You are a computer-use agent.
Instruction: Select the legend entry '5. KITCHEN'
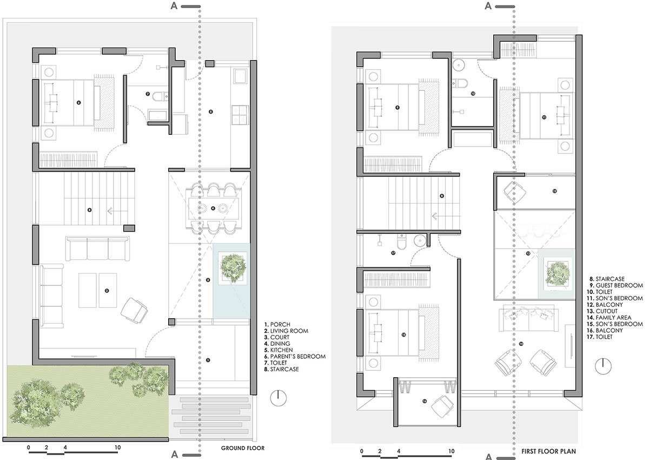[x=277, y=350]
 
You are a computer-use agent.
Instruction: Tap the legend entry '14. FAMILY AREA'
[x=613, y=318]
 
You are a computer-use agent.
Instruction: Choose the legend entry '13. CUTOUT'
[x=607, y=311]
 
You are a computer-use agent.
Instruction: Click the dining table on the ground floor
[x=213, y=208]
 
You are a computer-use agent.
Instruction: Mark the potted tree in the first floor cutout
[x=556, y=272]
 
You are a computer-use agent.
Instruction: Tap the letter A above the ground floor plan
[x=174, y=6]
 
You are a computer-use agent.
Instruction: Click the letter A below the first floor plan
[x=488, y=455]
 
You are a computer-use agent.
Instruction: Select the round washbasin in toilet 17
[x=419, y=240]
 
